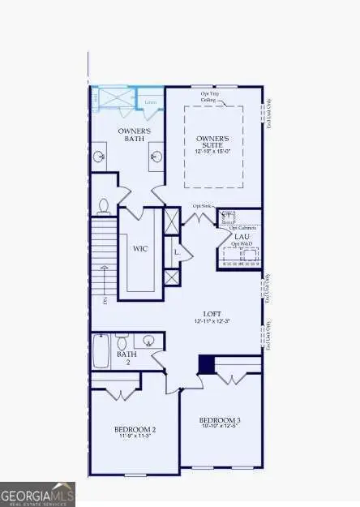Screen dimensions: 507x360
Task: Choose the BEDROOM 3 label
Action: pyautogui.click(x=221, y=419)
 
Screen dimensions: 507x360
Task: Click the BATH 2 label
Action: pyautogui.click(x=126, y=358)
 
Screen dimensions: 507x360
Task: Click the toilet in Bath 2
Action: pyautogui.click(x=122, y=342)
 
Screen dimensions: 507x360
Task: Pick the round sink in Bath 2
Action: pyautogui.click(x=149, y=342)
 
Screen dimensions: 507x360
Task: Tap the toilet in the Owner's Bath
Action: pyautogui.click(x=104, y=206)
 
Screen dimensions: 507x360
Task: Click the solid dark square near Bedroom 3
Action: pyautogui.click(x=207, y=366)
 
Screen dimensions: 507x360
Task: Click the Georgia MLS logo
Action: pyautogui.click(x=38, y=492)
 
